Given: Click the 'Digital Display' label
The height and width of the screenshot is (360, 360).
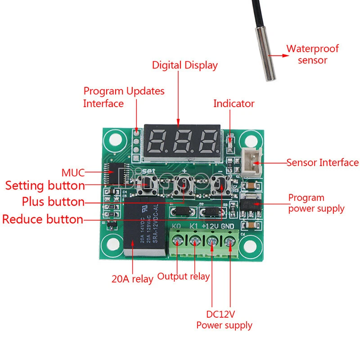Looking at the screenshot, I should (184, 65).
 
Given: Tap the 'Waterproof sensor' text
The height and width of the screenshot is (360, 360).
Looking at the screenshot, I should (312, 54).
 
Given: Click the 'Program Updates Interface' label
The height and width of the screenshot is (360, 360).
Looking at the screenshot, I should (124, 97).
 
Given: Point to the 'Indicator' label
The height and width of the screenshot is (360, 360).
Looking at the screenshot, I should (234, 103).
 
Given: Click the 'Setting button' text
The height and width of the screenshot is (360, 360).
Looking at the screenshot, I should (45, 185).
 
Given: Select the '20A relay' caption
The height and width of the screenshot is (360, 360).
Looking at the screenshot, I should (132, 279).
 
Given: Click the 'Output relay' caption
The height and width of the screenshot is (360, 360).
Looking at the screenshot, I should (183, 276).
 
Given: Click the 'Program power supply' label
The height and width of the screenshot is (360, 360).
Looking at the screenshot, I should (316, 203).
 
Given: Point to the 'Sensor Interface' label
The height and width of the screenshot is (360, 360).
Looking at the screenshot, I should (322, 162).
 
